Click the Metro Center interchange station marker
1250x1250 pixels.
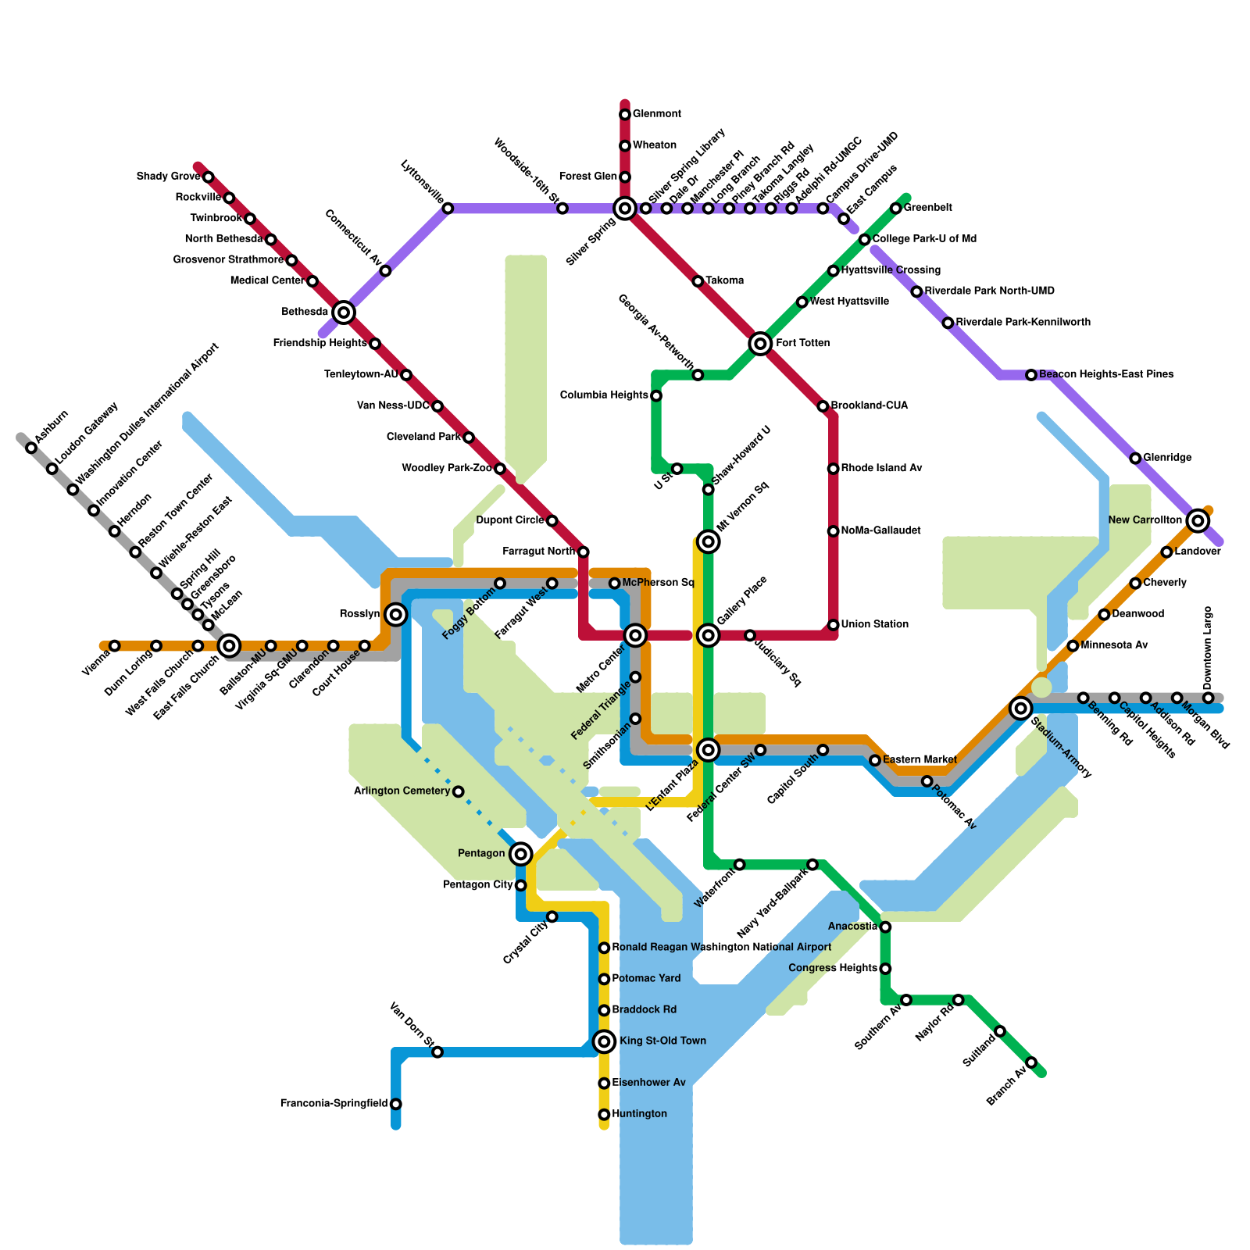[635, 635]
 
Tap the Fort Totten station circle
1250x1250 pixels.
[760, 343]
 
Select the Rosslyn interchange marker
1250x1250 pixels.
[396, 615]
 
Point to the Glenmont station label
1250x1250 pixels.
[656, 114]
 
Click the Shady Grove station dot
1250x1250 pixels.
[209, 177]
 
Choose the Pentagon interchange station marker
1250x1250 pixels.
[521, 854]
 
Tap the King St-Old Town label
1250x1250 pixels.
[662, 1041]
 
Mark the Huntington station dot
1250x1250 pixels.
[604, 1115]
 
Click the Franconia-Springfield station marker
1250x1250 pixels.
[396, 1104]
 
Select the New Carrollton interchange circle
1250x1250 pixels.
[1198, 520]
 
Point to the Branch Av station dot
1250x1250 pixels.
[1031, 1062]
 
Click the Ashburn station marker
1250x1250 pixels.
[31, 448]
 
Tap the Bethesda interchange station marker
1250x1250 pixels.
[344, 312]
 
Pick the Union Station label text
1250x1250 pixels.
[874, 624]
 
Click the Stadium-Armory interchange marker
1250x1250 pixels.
[1020, 709]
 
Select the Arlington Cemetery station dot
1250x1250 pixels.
[459, 791]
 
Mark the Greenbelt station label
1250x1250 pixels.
[929, 208]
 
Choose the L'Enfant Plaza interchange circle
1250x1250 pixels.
[709, 750]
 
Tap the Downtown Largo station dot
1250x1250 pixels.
[1208, 698]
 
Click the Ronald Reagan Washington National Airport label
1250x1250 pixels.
[721, 948]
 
